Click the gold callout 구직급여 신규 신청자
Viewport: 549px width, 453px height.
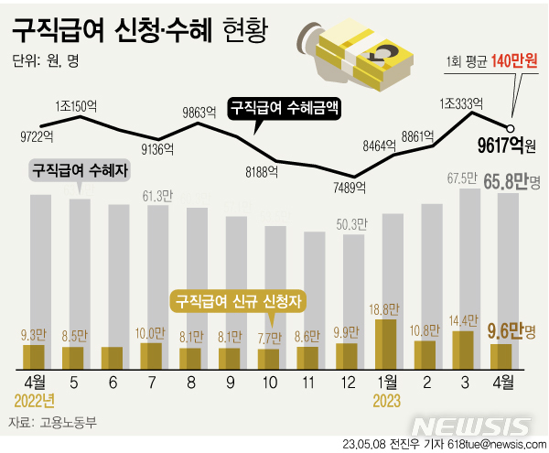pyautogui.click(x=239, y=299)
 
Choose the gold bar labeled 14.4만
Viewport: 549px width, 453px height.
pyautogui.click(x=464, y=350)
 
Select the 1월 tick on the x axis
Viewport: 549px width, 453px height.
pyautogui.click(x=386, y=380)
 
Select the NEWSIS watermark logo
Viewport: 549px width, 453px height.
pyautogui.click(x=470, y=426)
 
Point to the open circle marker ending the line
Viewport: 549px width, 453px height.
pyautogui.click(x=511, y=128)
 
